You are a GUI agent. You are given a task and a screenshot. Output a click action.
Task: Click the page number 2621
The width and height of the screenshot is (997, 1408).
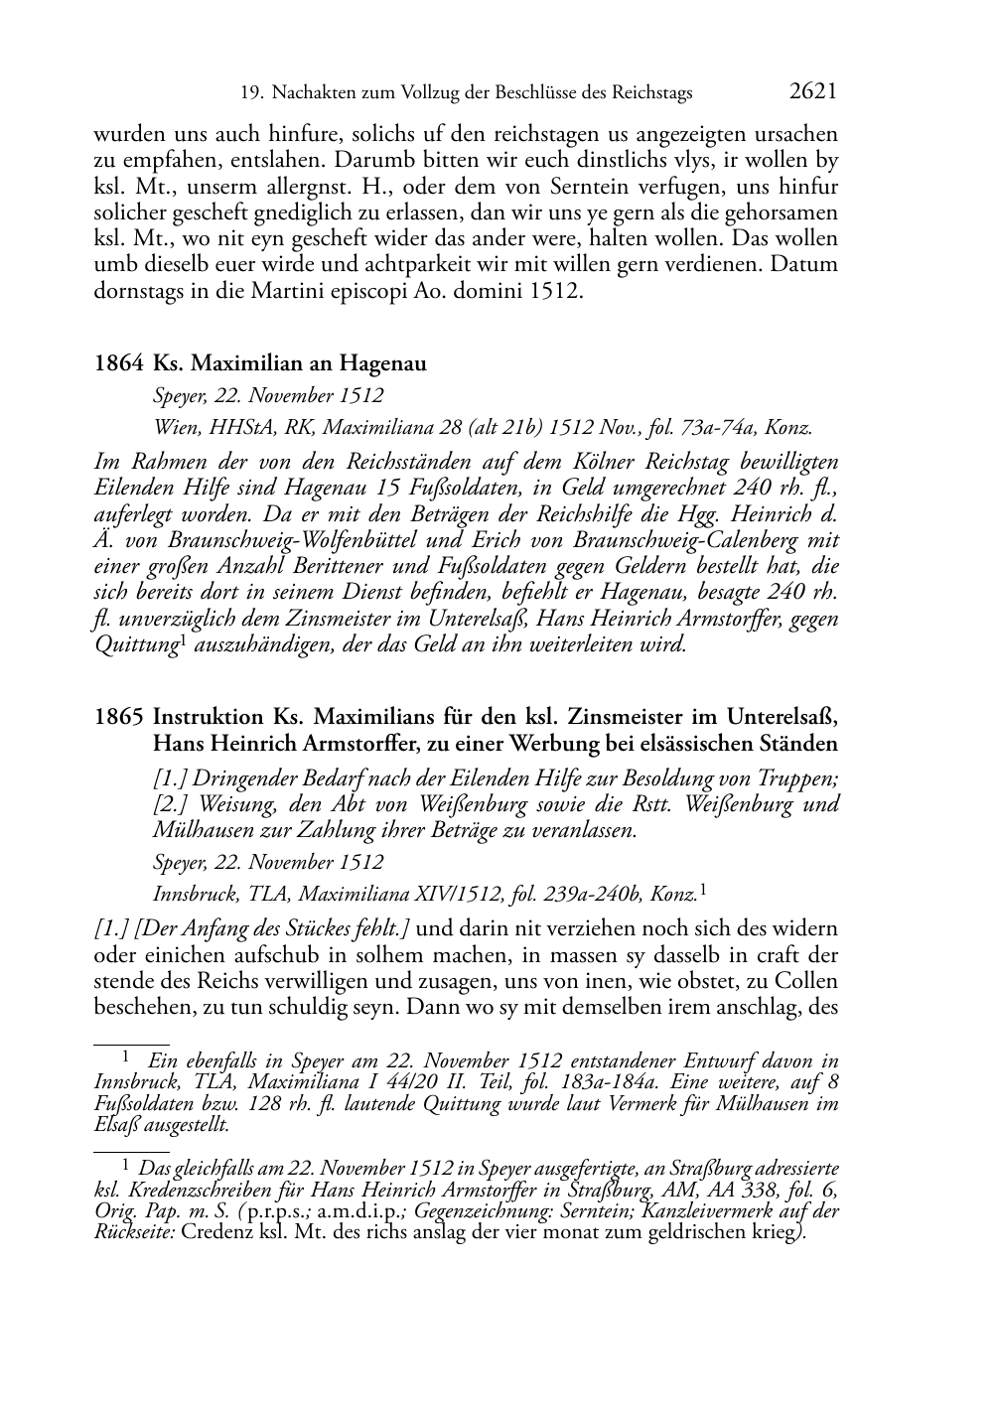813,92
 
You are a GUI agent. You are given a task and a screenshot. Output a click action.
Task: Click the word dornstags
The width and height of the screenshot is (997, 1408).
137,291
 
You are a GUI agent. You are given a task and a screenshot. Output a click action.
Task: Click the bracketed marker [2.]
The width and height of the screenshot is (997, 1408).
172,804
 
